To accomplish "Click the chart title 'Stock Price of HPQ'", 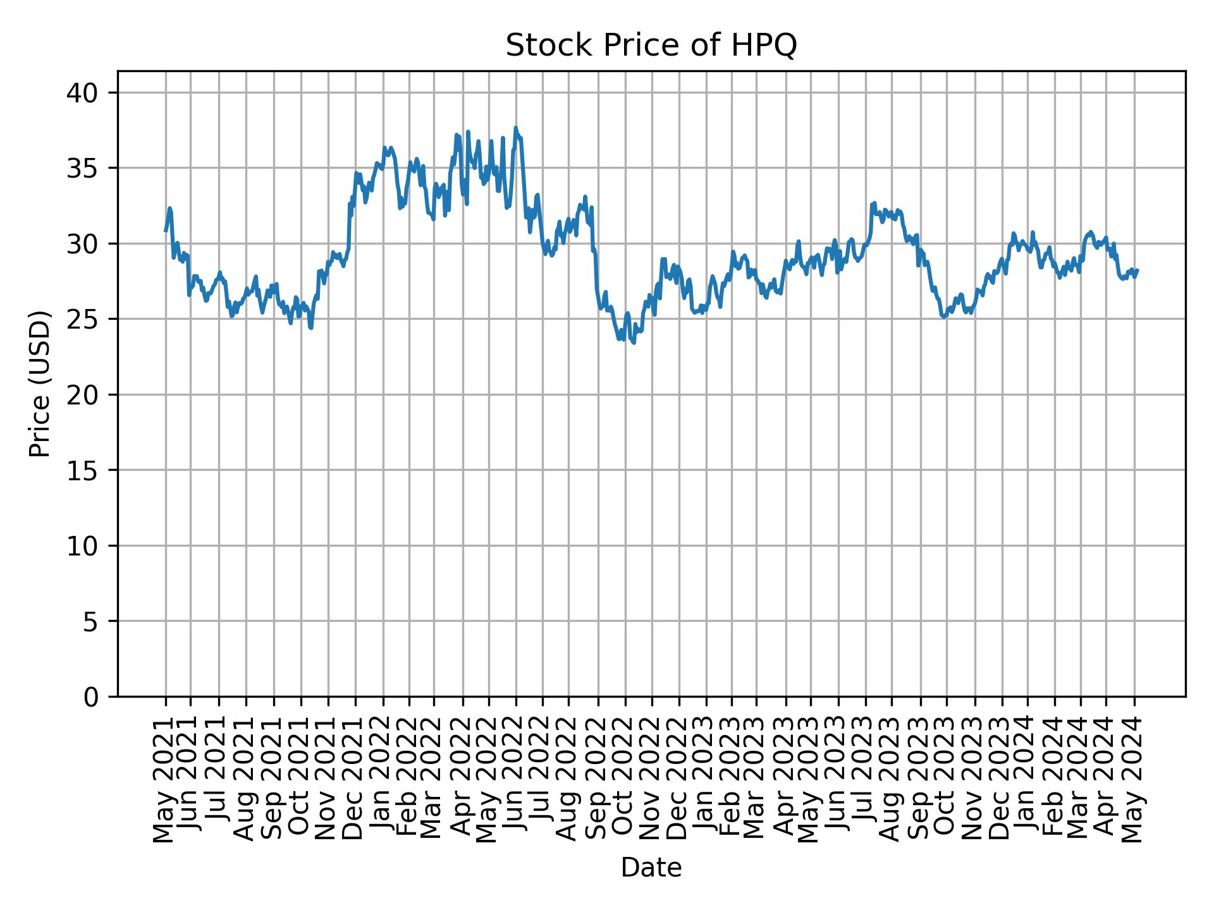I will pos(651,45).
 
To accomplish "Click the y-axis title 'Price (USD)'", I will pos(40,384).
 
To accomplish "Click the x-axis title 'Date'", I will pos(651,868).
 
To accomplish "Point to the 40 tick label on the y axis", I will pos(83,93).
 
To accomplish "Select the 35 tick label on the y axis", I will pos(83,168).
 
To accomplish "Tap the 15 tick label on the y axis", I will pos(83,470).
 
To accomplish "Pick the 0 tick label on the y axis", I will pos(91,696).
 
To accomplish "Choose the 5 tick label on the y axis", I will pos(91,621).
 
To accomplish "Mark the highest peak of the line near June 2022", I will pos(515,128).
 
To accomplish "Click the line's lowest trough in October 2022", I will pos(634,343).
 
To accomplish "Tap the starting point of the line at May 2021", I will pos(166,231).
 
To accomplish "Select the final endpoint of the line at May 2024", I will pos(1137,270).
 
